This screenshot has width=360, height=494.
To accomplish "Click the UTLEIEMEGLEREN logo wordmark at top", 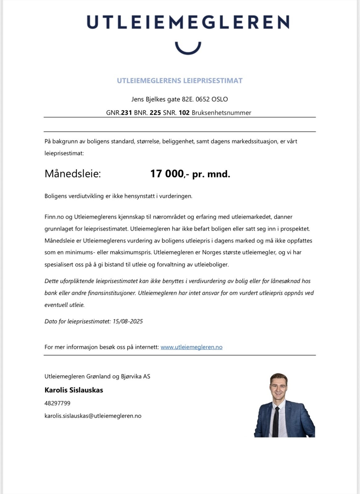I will coord(188,22).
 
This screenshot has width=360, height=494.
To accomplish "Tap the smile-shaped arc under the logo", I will coord(188,49).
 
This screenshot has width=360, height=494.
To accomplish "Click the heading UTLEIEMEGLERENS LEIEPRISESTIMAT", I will coord(180,81).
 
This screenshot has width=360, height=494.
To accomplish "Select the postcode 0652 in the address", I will coord(202,99).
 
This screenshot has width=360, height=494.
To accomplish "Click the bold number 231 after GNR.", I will coord(126,113).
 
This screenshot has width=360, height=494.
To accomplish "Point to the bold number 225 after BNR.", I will coord(155,113).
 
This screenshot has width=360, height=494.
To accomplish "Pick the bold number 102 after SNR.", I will coord(184,113).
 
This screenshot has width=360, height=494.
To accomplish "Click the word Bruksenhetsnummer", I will coord(221,113).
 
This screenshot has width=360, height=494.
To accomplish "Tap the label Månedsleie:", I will coord(72,174).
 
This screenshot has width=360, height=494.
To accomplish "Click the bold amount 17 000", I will coord(167,174).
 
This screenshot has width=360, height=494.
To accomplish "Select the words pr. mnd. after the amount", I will coord(211,174).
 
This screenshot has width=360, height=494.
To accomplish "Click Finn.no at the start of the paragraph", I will coord(54,217).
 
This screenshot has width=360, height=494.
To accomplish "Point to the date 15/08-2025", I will coord(128,321).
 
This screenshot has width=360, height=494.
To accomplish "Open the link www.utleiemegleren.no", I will coord(191,347).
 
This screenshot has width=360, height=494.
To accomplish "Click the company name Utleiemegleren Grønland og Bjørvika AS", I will coord(97,376).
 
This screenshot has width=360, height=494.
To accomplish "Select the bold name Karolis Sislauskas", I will coord(74,390).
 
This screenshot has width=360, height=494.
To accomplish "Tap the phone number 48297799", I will coord(57,403).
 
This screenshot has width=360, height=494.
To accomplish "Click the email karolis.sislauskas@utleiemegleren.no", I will coord(93,416).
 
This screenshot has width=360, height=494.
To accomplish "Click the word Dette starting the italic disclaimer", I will coord(51,281).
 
